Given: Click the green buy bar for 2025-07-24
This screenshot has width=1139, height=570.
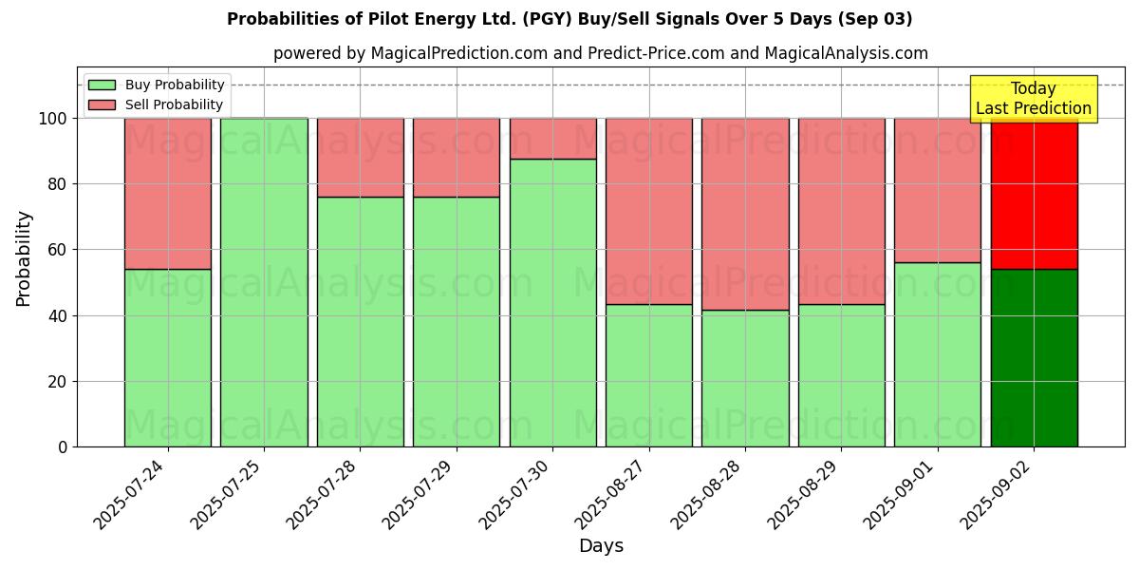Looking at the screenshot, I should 168,358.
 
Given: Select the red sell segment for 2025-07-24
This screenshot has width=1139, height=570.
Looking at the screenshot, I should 168,194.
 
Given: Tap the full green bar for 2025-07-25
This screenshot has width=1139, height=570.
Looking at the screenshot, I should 264,282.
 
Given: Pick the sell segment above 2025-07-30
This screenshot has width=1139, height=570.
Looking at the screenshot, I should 552,139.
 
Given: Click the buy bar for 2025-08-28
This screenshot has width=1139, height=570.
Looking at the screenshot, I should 745,378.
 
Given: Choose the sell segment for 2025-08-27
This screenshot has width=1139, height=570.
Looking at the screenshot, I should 649,211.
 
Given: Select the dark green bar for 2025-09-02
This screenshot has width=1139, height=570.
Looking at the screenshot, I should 1034,358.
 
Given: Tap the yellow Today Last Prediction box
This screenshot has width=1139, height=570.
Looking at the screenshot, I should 1033,99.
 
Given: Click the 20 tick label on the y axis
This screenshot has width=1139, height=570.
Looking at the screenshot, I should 58,382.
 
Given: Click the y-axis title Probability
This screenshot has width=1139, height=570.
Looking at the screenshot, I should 24,258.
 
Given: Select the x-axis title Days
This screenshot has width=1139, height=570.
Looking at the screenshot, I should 601,546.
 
